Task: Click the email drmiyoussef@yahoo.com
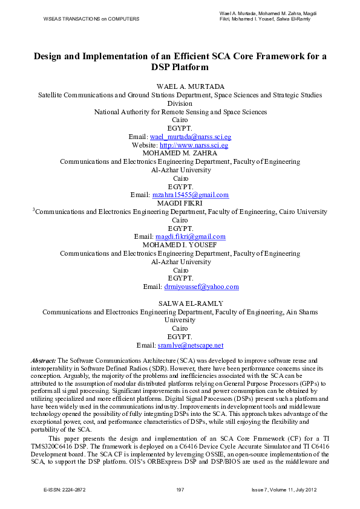pos(201,287)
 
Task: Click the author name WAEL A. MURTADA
pos(180,86)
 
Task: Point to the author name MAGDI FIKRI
pos(180,204)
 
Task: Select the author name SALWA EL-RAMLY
pos(180,303)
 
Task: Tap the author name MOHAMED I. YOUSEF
pos(180,245)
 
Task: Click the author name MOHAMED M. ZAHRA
pos(180,154)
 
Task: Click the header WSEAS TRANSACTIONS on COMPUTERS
pos(91,19)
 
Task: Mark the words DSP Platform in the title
pos(180,68)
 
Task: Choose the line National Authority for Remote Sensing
pos(180,112)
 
